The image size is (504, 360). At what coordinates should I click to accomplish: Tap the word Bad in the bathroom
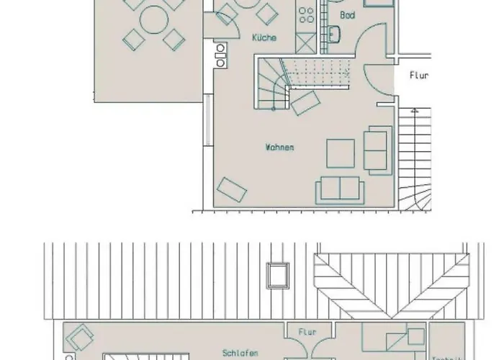[347, 14]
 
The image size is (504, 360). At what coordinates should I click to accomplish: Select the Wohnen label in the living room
[279, 148]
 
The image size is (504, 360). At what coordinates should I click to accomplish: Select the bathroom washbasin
[335, 33]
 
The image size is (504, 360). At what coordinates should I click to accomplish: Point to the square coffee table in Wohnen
[341, 152]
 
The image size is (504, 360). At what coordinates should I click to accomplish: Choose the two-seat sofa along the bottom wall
[338, 189]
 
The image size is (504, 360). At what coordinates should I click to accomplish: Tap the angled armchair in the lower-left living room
[233, 189]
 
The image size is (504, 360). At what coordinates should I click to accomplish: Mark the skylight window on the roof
[276, 274]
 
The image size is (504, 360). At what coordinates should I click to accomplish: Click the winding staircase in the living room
[269, 83]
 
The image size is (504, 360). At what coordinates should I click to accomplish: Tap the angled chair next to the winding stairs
[305, 104]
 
